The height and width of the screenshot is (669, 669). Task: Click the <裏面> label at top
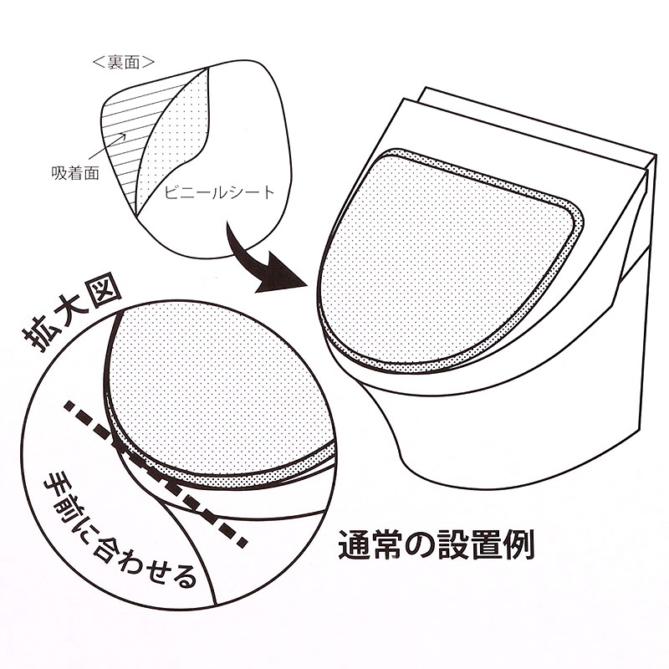[x=123, y=62]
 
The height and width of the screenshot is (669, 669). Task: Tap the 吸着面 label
[x=75, y=173]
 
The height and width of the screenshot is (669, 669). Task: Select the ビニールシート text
[x=220, y=192]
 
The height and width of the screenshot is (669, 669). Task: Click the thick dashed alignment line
[x=156, y=472]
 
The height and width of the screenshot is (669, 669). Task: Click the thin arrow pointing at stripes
[x=109, y=151]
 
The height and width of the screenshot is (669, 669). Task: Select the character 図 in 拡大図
[x=105, y=296]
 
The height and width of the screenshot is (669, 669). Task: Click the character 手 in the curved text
[x=54, y=482]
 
